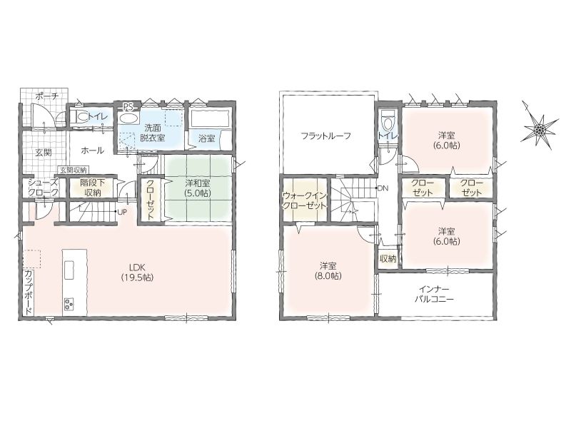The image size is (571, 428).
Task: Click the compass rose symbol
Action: click(540, 128)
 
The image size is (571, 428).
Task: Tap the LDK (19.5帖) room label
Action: click(137, 272)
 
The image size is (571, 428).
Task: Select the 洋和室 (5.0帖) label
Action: click(198, 188)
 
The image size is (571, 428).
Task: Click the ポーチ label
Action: click(47, 96)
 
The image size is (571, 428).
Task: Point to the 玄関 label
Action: click(43, 152)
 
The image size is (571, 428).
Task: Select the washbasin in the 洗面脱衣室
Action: click(128, 118)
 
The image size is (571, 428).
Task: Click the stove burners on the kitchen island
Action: click(69, 302)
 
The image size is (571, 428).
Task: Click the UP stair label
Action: click(122, 211)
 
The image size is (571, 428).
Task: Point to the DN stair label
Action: click(383, 188)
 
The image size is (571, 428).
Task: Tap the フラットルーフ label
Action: click(326, 136)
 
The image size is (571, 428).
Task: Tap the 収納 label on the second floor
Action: click(388, 259)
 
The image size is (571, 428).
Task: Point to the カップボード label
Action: click(28, 292)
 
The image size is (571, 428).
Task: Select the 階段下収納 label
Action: click(92, 188)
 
